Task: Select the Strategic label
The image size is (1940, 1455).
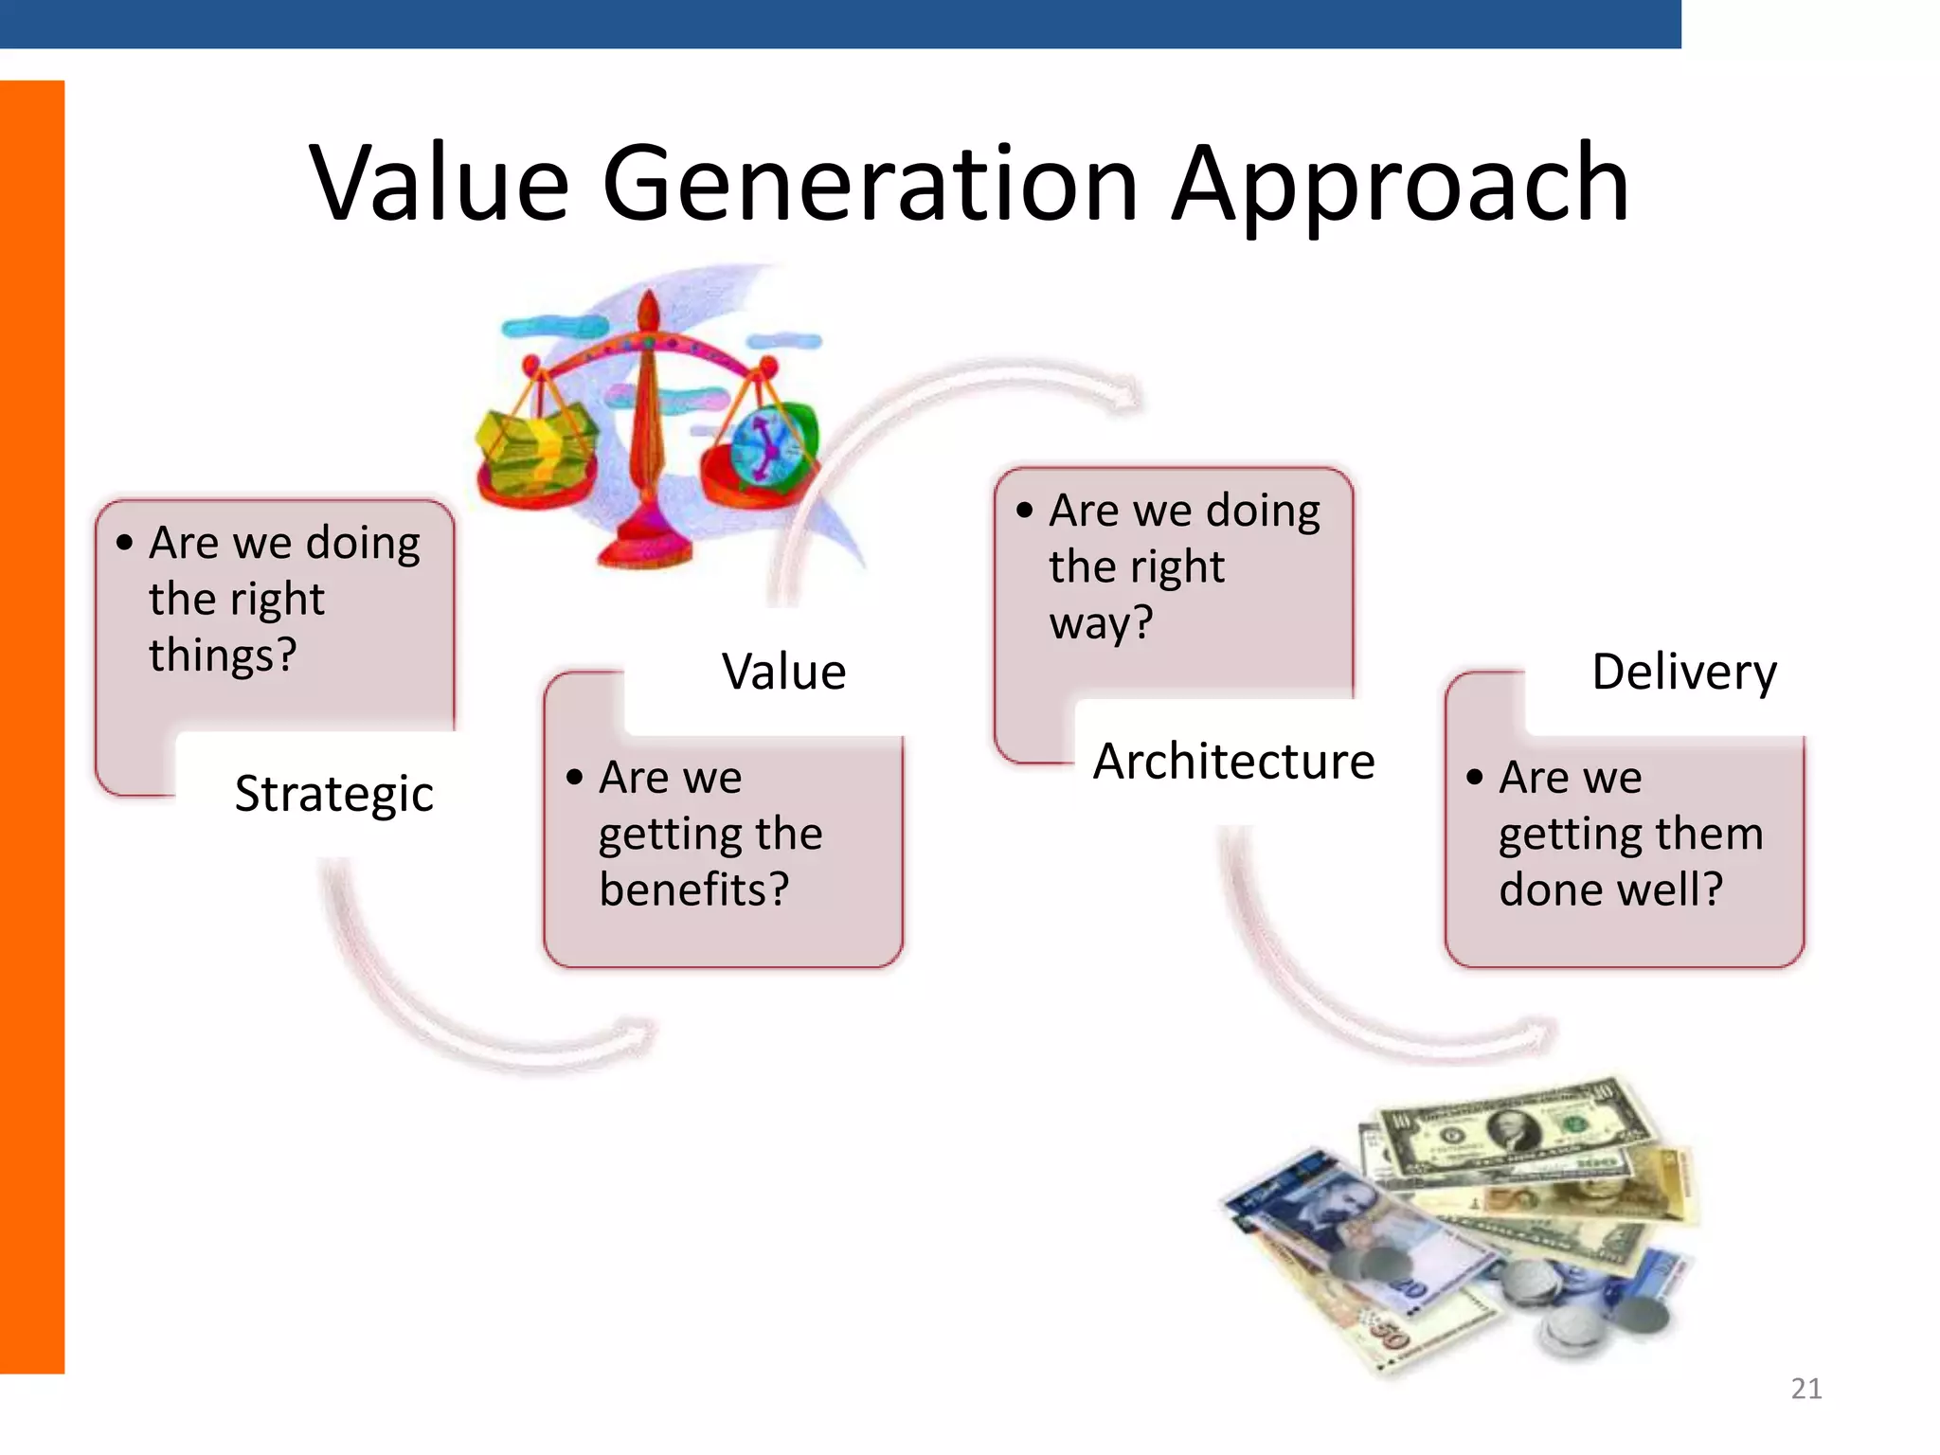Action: [333, 794]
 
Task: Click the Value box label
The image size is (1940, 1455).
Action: [783, 672]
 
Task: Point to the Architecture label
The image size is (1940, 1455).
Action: [1233, 761]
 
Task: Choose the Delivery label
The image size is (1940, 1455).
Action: [1684, 672]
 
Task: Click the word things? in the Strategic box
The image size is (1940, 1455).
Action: [224, 656]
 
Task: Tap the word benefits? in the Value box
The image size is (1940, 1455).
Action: [694, 889]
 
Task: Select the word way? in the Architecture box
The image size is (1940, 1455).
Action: [1101, 623]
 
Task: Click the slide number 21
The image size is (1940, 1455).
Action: [1806, 1389]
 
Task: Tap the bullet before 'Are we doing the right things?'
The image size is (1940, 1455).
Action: [125, 543]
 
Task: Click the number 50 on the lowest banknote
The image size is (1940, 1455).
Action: [1390, 1336]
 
